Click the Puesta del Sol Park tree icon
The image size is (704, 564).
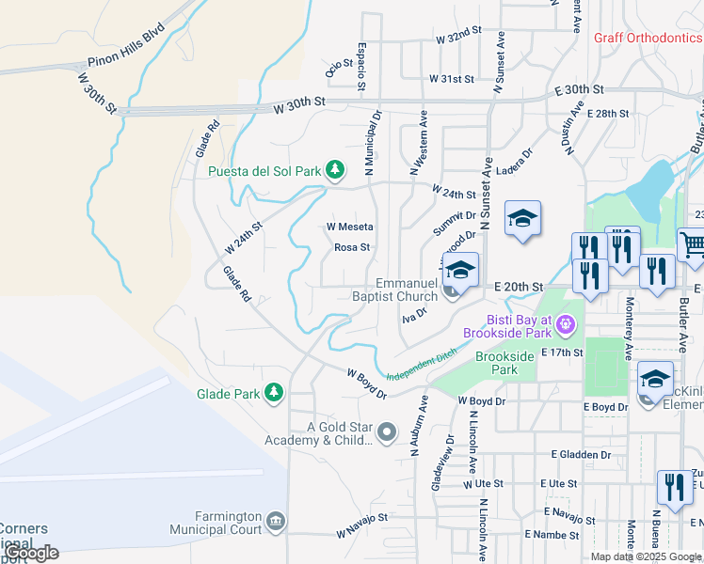[334, 170]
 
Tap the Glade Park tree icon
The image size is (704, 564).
[274, 393]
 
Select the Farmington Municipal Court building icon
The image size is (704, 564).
[275, 521]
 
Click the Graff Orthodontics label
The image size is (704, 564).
[648, 39]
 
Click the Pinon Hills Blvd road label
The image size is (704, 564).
[126, 55]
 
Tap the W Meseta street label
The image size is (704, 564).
[350, 227]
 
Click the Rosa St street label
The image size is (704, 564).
[352, 248]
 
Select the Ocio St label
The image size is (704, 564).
[338, 69]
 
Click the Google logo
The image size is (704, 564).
[32, 553]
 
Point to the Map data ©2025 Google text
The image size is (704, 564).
[647, 556]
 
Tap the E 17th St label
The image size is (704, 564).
[564, 352]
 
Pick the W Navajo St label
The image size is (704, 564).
[362, 526]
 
